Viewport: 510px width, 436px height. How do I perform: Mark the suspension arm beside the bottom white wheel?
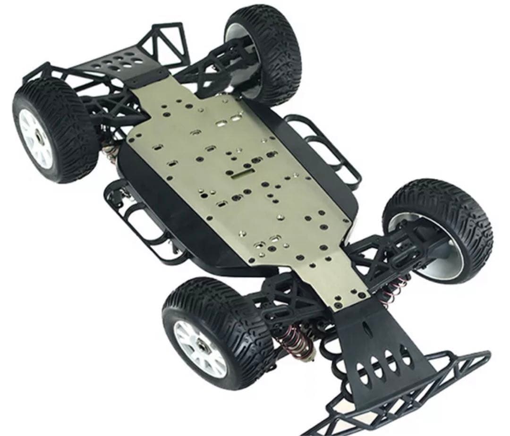tap(279, 302)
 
